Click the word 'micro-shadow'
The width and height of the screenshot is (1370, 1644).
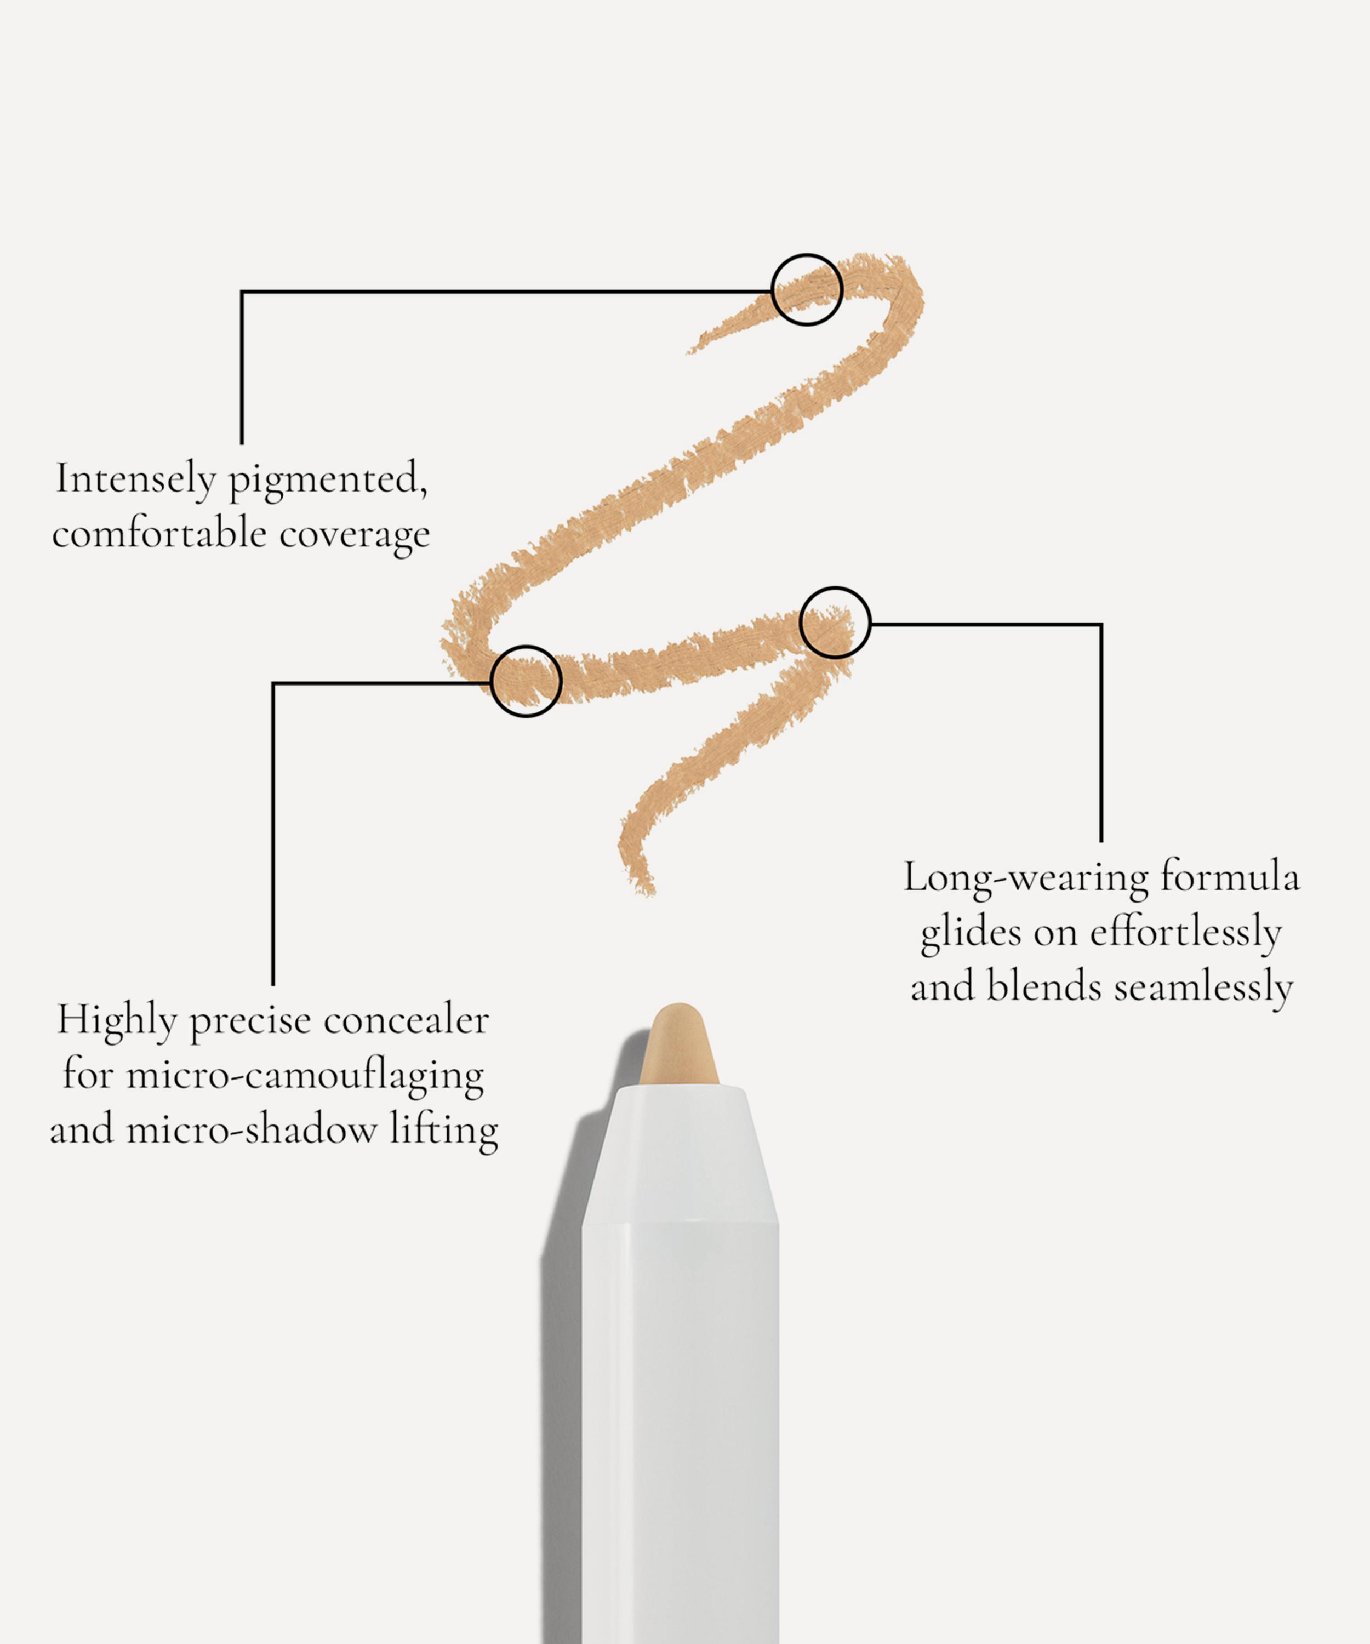tap(252, 1129)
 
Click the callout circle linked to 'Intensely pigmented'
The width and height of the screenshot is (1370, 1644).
tap(807, 290)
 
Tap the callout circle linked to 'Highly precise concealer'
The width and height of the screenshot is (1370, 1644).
tap(526, 681)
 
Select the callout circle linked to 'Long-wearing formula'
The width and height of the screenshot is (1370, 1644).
tap(835, 623)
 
